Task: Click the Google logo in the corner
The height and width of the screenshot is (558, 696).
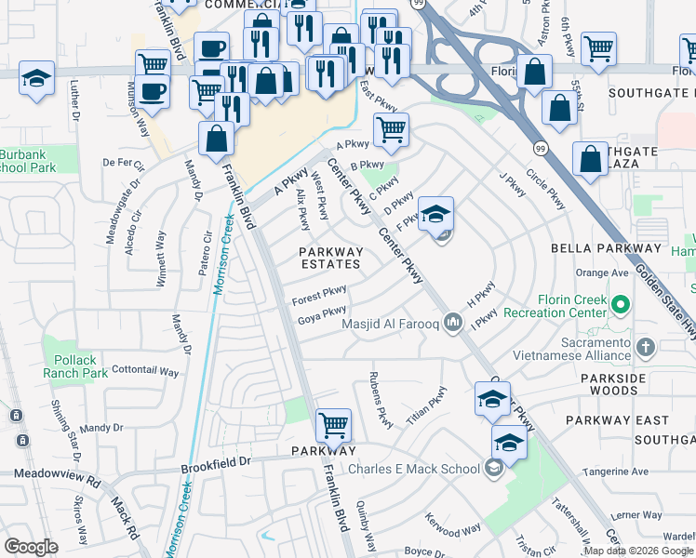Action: click(x=32, y=546)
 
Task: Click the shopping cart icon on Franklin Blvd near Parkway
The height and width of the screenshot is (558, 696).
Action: click(x=333, y=426)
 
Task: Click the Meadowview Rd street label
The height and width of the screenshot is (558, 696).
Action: click(x=57, y=473)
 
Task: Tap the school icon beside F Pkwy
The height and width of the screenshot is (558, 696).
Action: click(x=435, y=216)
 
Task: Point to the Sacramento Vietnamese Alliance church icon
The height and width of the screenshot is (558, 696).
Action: click(x=646, y=346)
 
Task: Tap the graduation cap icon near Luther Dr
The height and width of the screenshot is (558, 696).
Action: click(x=37, y=78)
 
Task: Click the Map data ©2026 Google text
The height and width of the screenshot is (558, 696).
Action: click(x=638, y=551)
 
